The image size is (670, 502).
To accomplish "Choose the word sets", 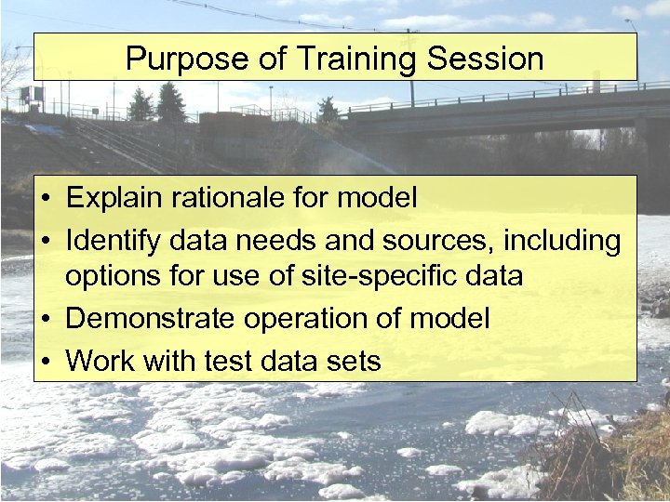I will (x=354, y=360).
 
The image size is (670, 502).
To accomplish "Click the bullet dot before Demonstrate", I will (x=45, y=320).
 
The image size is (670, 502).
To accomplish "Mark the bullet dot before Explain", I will (x=45, y=198).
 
